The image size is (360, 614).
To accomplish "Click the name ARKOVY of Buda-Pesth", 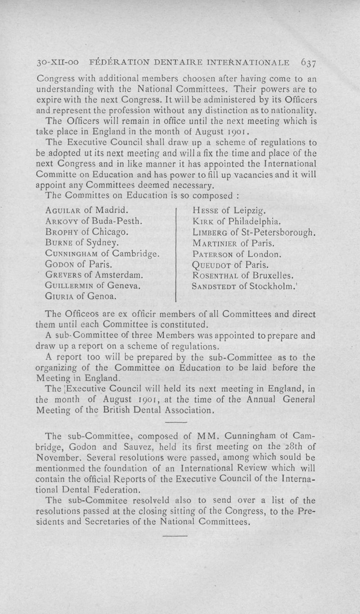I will point(63,221).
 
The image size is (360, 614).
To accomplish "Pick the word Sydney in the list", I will point(101,243).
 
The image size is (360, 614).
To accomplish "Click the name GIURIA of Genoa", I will point(61,296).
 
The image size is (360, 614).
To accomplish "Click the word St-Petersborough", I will point(276,232).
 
